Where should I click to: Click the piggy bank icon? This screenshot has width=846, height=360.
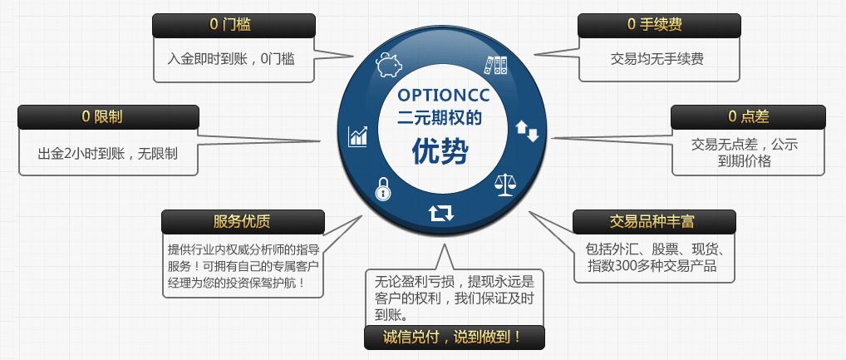tap(389, 65)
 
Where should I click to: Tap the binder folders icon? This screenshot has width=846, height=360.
tap(495, 65)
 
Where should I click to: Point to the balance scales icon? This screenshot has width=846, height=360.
tap(505, 185)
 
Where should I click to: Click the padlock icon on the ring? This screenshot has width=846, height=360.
tap(382, 189)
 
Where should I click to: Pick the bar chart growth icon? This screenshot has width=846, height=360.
tap(357, 136)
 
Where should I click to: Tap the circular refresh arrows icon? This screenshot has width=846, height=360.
tap(441, 213)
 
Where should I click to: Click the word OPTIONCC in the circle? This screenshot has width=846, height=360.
tap(444, 96)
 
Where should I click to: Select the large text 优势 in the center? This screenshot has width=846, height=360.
tap(440, 150)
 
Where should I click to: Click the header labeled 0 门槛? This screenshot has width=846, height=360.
tap(234, 26)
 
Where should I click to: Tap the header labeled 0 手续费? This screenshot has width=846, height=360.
tap(659, 26)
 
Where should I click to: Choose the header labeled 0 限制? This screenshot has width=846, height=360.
tap(108, 116)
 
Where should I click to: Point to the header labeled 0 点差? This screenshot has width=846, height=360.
tap(748, 116)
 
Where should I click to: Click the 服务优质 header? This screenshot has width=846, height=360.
tap(243, 221)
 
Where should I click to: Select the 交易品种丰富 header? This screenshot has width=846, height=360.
tap(654, 221)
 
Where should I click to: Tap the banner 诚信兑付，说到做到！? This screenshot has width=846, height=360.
tap(455, 338)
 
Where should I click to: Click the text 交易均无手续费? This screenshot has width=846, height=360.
tap(657, 58)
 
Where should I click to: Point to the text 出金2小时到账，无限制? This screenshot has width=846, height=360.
tap(107, 154)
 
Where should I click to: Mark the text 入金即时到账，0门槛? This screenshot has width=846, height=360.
tap(231, 59)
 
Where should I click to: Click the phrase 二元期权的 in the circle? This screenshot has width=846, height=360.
tap(439, 118)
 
